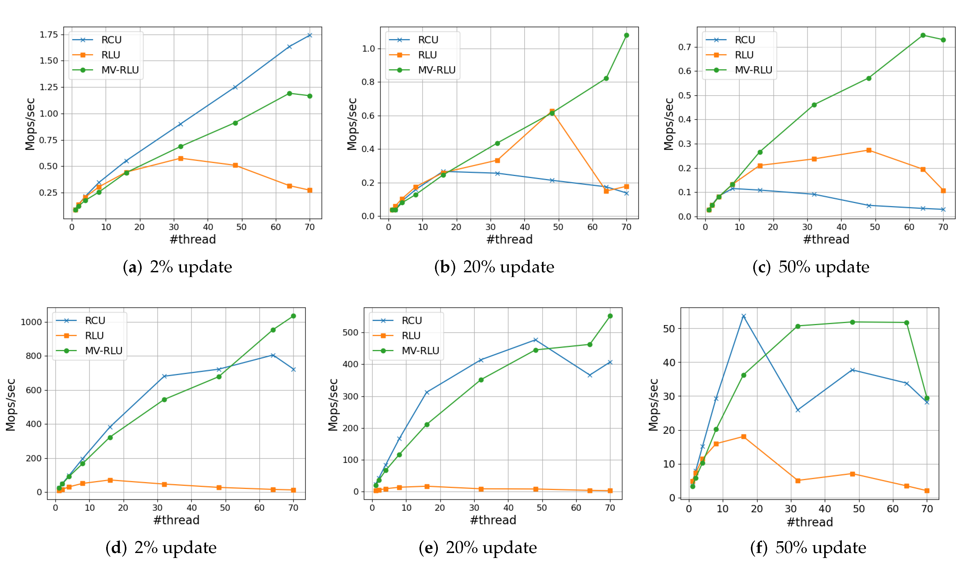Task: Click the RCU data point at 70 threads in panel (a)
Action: [309, 35]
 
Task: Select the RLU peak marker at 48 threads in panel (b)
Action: [552, 111]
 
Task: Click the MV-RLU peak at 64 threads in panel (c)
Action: [923, 35]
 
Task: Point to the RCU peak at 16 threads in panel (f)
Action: [744, 316]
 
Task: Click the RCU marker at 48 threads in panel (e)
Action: [536, 340]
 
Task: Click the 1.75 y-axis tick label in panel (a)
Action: [49, 35]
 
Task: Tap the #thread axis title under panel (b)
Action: [509, 239]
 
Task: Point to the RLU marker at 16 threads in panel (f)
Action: [744, 437]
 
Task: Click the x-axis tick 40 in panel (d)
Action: [192, 508]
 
